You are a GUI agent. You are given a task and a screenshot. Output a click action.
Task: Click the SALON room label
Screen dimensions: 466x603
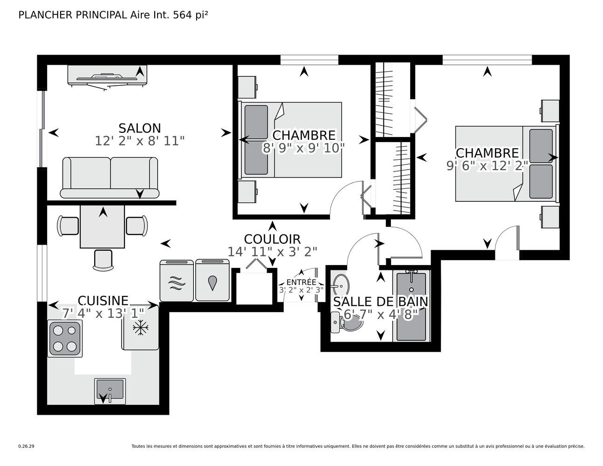pyautogui.click(x=139, y=128)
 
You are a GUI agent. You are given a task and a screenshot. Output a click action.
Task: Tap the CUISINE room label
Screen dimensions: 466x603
pyautogui.click(x=103, y=301)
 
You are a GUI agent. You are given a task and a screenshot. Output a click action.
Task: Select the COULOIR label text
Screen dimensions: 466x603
pyautogui.click(x=272, y=239)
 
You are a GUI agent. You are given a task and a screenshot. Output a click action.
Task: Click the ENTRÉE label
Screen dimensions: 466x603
pyautogui.click(x=301, y=282)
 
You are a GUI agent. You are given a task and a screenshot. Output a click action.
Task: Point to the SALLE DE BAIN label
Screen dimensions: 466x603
pyautogui.click(x=380, y=302)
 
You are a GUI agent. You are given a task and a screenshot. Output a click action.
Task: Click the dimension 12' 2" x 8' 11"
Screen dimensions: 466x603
pyautogui.click(x=139, y=141)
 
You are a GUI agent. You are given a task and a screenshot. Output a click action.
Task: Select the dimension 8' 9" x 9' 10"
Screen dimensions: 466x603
pyautogui.click(x=303, y=148)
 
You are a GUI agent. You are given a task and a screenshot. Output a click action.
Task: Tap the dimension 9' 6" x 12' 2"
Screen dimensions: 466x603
pyautogui.click(x=487, y=166)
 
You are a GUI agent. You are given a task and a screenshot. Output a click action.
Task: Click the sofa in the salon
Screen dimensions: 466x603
pyautogui.click(x=110, y=178)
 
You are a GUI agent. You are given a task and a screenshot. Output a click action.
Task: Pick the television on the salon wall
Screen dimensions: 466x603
pyautogui.click(x=107, y=76)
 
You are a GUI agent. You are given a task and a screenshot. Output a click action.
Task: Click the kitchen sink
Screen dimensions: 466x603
pyautogui.click(x=110, y=391)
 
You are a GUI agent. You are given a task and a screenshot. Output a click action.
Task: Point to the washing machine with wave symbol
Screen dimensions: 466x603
pyautogui.click(x=177, y=281)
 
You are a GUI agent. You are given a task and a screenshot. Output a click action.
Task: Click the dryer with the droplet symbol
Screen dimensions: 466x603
pyautogui.click(x=212, y=281)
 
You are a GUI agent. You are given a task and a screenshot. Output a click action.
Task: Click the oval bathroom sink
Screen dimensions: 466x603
pyautogui.click(x=341, y=283)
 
